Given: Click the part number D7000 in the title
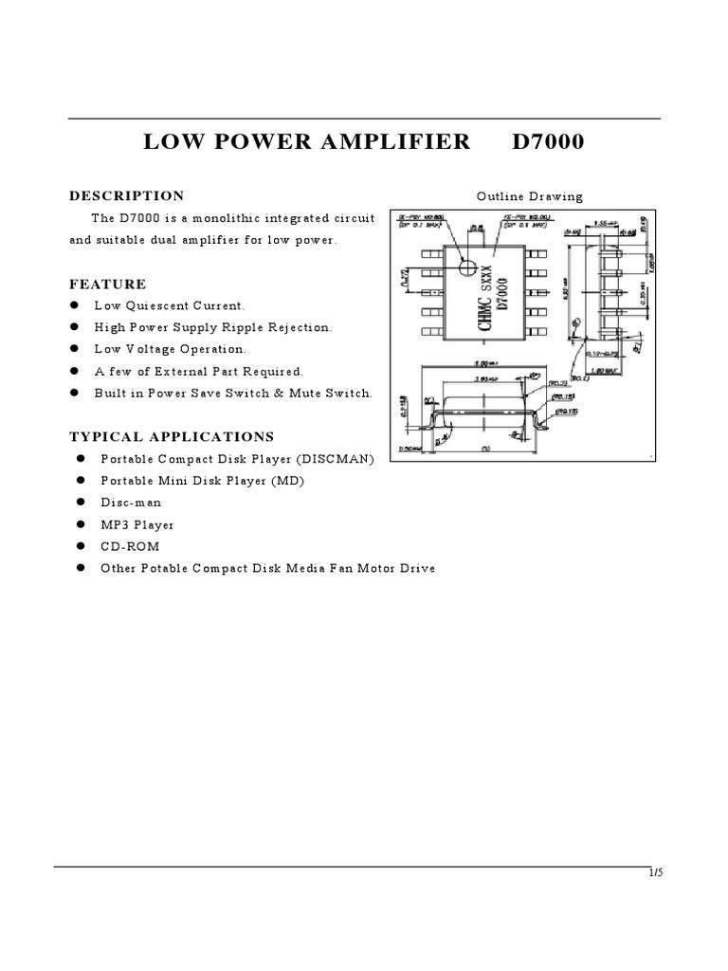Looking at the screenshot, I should pyautogui.click(x=548, y=142).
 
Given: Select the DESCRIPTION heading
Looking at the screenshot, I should pyautogui.click(x=127, y=196).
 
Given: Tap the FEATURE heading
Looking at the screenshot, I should pyautogui.click(x=108, y=284).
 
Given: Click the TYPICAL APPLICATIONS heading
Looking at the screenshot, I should pyautogui.click(x=172, y=436).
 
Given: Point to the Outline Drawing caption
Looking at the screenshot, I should pyautogui.click(x=530, y=197).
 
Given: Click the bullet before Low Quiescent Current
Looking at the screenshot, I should pyautogui.click(x=74, y=305).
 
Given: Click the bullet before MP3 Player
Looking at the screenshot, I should pyautogui.click(x=82, y=524).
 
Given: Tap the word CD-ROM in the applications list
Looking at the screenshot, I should pyautogui.click(x=130, y=546).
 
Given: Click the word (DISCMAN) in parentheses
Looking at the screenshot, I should pyautogui.click(x=336, y=459).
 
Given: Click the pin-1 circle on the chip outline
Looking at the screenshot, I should pyautogui.click(x=466, y=267).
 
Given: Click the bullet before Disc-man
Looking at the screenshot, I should pyautogui.click(x=82, y=503).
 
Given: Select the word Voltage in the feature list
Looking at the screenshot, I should pyautogui.click(x=145, y=349).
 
